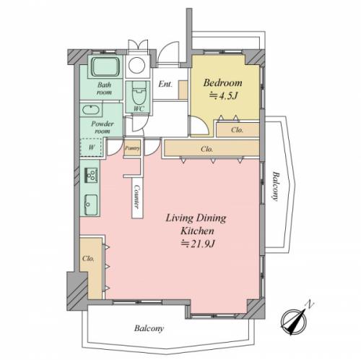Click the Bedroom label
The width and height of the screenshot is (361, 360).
tap(222, 82)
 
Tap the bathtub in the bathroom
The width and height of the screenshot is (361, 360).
tap(105, 67)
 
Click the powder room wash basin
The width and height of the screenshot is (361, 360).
tap(90, 110)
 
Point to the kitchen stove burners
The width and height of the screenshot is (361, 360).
tap(91, 175)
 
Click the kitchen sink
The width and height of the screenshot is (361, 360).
tap(91, 205)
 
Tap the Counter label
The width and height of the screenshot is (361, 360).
tap(137, 197)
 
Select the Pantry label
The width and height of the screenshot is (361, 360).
tap(132, 148)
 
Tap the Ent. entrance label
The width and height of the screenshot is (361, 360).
tap(165, 84)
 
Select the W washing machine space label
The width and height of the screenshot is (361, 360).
tap(92, 147)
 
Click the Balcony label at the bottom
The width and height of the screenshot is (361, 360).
tap(149, 328)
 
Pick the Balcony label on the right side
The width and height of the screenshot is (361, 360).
tap(275, 186)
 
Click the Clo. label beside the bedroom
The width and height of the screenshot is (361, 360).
tap(237, 130)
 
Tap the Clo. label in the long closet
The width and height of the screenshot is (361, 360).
tap(207, 149)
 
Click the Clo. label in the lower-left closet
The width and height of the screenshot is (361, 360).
tap(88, 259)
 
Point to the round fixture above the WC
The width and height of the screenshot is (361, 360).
tap(136, 65)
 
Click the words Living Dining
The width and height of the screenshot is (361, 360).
tap(196, 218)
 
